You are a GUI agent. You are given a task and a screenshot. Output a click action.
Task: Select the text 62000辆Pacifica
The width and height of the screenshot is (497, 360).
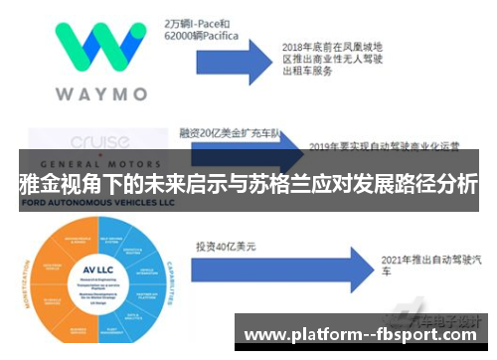coord(204,35)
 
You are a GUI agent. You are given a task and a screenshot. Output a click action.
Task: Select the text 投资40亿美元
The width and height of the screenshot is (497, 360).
coord(228,245)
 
